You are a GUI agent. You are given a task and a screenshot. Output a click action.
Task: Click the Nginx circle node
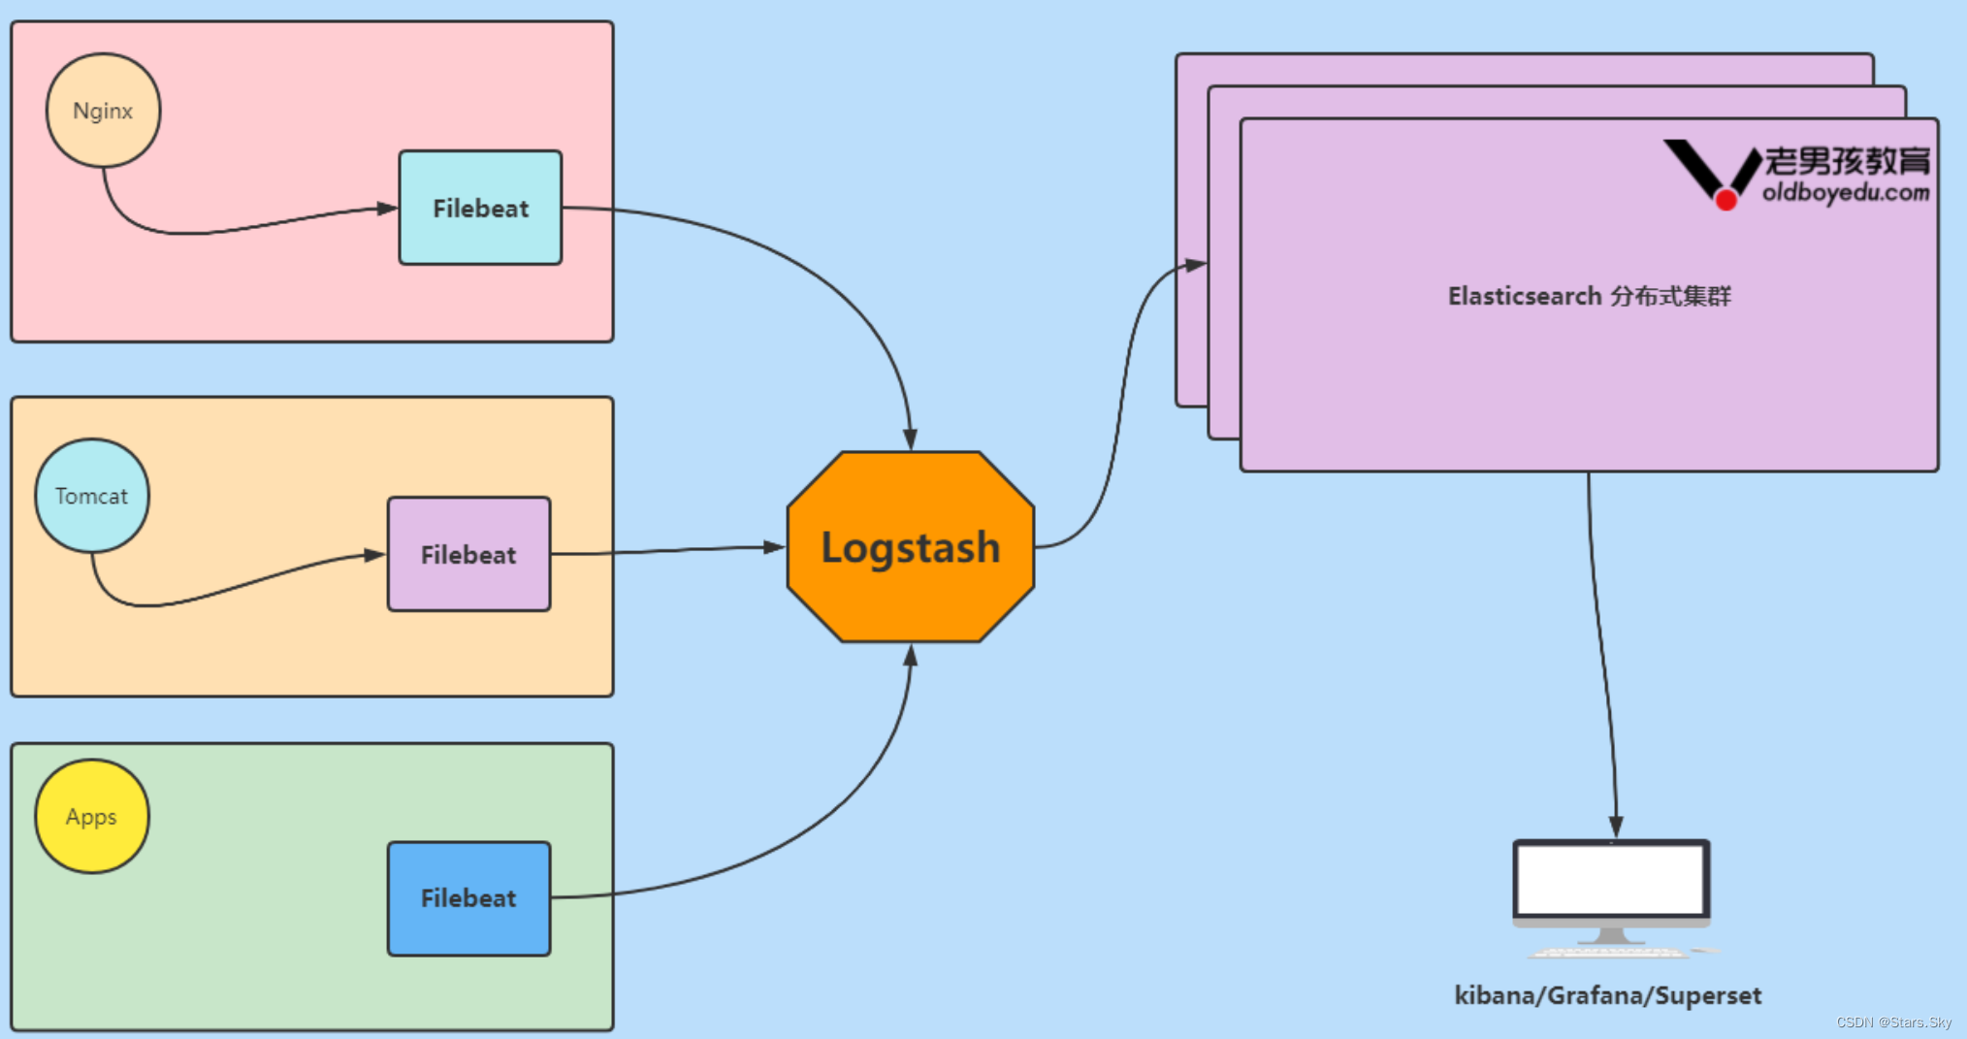(x=103, y=111)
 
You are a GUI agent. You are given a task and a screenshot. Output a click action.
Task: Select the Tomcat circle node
(x=92, y=496)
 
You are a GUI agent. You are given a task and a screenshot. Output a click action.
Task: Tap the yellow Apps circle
(x=92, y=816)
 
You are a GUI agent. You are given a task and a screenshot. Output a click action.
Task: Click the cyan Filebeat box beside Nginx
(x=480, y=208)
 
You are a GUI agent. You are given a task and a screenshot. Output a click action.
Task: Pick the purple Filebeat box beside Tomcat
(x=468, y=554)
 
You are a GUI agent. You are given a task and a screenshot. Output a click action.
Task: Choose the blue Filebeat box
(x=468, y=898)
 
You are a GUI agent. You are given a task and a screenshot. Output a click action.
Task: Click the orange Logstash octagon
(x=910, y=547)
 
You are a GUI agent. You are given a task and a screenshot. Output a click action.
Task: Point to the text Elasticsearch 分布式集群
(x=1589, y=296)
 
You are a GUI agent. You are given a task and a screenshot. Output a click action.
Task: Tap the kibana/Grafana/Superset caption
(x=1607, y=995)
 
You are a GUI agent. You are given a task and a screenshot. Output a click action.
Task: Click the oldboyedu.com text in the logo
(x=1845, y=192)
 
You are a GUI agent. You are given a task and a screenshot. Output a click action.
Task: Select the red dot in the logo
(x=1726, y=200)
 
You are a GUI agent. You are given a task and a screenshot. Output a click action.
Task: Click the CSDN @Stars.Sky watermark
(x=1893, y=1023)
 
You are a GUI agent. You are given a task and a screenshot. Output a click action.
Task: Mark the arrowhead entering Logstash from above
(x=910, y=439)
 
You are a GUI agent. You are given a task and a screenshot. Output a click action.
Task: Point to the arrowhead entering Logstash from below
(x=910, y=656)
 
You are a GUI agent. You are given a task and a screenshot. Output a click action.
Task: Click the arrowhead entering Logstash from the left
(x=774, y=547)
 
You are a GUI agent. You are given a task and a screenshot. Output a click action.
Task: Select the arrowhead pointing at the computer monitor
(x=1616, y=826)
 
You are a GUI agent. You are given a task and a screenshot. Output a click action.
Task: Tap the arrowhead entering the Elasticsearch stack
(x=1196, y=264)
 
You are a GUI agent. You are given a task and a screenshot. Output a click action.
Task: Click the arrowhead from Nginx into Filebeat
(x=387, y=208)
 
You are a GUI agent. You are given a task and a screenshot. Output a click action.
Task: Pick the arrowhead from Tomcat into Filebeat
(x=374, y=555)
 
